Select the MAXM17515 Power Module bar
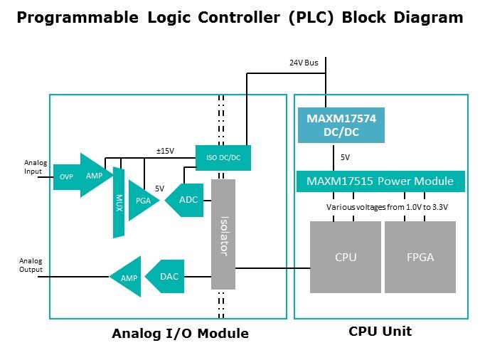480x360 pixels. [380, 181]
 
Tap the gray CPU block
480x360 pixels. [346, 257]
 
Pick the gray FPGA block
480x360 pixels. [420, 257]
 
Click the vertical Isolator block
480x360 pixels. [223, 234]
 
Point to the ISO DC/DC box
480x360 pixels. [223, 157]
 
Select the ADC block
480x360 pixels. [186, 200]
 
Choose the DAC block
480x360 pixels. [166, 276]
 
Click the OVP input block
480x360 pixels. [65, 176]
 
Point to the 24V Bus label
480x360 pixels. [304, 63]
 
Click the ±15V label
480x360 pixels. [165, 151]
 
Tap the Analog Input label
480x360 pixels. [35, 167]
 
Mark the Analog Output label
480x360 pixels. [31, 265]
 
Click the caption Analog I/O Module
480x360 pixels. [180, 333]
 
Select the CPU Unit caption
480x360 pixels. [380, 331]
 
